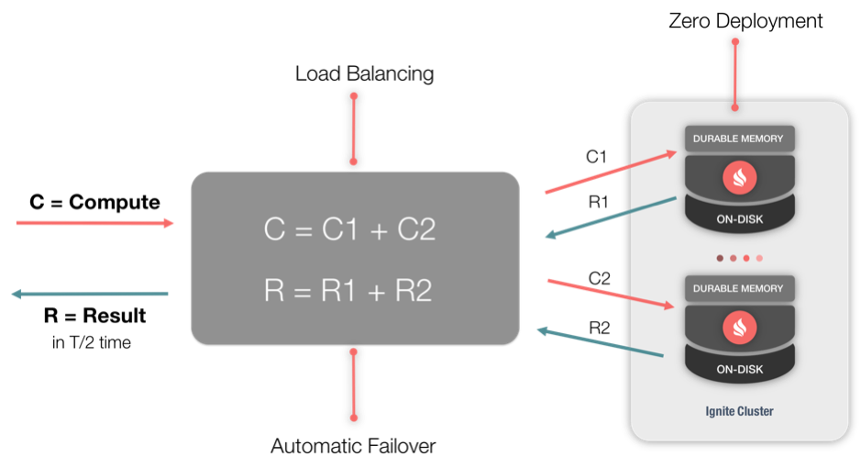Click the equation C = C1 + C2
[x=349, y=229]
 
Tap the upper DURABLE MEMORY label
[x=738, y=139]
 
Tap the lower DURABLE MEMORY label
[x=738, y=288]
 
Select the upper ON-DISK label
[x=739, y=219]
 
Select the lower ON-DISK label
[x=739, y=369]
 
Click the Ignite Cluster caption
[x=739, y=411]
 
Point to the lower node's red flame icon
[x=739, y=327]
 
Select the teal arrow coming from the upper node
[x=610, y=217]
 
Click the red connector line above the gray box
[x=354, y=128]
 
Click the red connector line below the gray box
[x=354, y=384]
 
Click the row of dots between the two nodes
[x=740, y=258]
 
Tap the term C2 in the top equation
[x=416, y=229]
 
